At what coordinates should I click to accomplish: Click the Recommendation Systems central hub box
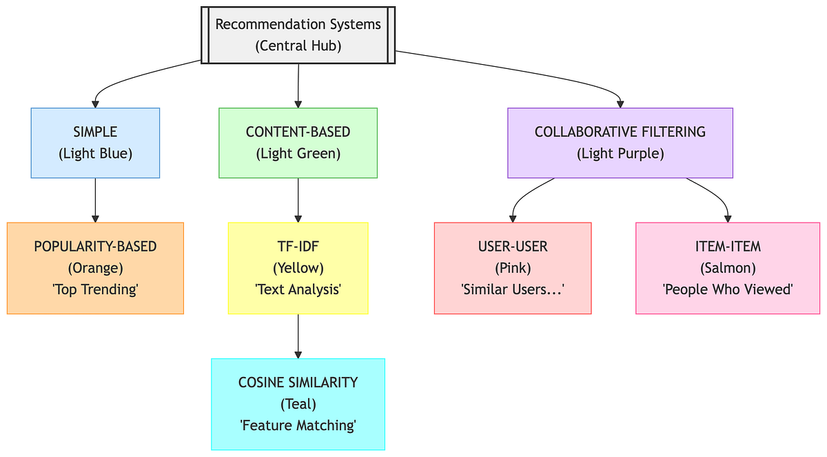[298, 34]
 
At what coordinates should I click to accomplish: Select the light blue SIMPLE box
[95, 143]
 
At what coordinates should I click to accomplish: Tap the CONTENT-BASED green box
[298, 143]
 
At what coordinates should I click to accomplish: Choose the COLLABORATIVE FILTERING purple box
[620, 143]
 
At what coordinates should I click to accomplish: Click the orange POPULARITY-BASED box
[95, 268]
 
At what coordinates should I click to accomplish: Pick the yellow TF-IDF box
[298, 268]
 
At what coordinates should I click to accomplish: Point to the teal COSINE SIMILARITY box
[298, 404]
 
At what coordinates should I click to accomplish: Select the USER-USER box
[513, 268]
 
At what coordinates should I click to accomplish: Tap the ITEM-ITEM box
[727, 268]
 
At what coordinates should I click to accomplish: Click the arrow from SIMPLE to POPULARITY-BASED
[95, 200]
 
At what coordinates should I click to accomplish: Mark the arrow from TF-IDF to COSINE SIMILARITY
[298, 336]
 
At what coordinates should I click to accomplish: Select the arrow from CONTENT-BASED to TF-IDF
[298, 200]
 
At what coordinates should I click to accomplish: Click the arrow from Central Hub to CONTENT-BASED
[298, 86]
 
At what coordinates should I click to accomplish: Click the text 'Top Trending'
[95, 290]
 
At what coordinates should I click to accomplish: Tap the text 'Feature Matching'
[298, 425]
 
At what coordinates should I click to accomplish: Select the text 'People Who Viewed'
[727, 290]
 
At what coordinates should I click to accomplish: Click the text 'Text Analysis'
[298, 290]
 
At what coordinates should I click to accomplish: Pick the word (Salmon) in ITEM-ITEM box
[727, 268]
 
